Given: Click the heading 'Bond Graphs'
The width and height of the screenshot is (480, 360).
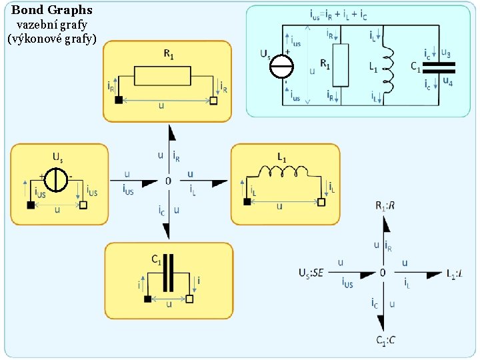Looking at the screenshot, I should [52, 11].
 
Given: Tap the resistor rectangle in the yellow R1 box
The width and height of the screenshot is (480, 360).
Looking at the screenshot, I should [165, 76].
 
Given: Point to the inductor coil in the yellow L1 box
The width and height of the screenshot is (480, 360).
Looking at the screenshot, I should [286, 173].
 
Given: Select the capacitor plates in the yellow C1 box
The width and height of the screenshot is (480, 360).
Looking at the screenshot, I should [171, 273].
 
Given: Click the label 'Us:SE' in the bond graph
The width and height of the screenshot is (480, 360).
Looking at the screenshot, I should [311, 273].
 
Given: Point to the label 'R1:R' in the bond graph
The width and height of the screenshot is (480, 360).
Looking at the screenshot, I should [385, 206].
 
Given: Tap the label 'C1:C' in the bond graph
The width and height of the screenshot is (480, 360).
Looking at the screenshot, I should [385, 340].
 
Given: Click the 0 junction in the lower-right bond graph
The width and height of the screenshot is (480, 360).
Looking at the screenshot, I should [383, 273].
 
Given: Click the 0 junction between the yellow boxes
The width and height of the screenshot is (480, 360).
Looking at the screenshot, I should [168, 181].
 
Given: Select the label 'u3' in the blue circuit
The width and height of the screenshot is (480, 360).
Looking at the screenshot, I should [446, 53].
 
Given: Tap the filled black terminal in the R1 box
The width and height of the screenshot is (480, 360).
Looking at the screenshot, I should [119, 100].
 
